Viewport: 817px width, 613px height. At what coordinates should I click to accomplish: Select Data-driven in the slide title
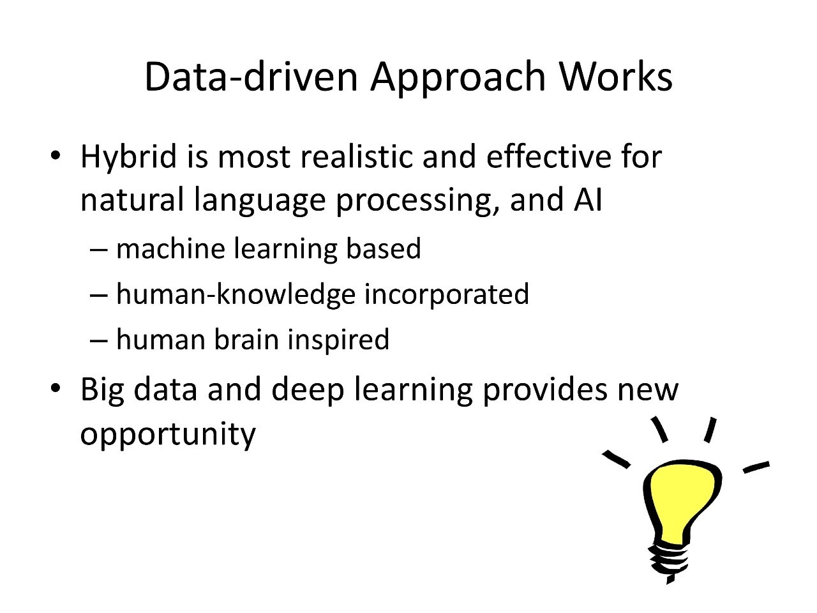pyautogui.click(x=251, y=76)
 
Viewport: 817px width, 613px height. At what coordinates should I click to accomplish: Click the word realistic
pyautogui.click(x=356, y=156)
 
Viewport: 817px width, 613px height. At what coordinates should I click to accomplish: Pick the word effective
pyautogui.click(x=548, y=156)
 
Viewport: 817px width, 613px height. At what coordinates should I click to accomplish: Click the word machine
pyautogui.click(x=170, y=248)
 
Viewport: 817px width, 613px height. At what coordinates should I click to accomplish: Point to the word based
pyautogui.click(x=384, y=248)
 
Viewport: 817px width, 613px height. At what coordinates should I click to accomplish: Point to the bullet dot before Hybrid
pyautogui.click(x=55, y=155)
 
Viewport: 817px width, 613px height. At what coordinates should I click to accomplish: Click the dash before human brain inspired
pyautogui.click(x=99, y=340)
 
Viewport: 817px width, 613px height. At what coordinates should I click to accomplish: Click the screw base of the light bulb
pyautogui.click(x=669, y=563)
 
